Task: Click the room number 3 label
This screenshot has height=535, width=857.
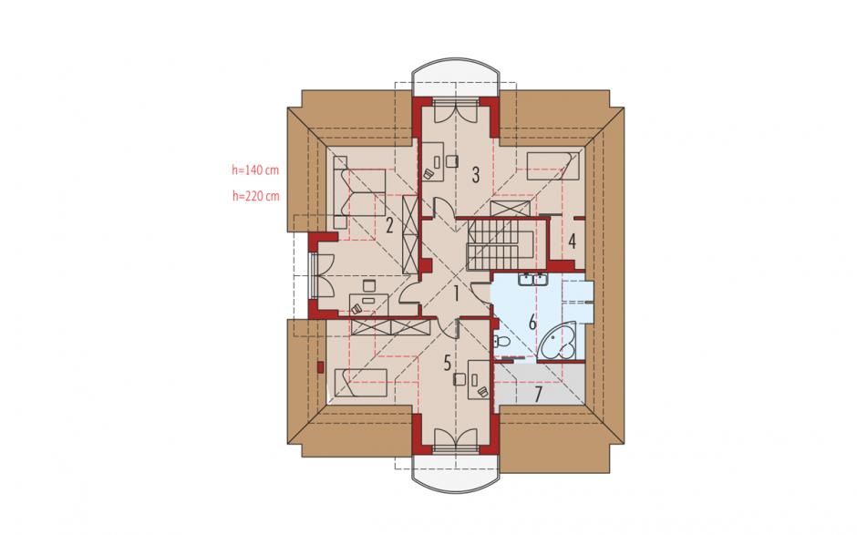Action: click(x=476, y=175)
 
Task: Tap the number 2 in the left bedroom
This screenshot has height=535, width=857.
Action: click(x=389, y=225)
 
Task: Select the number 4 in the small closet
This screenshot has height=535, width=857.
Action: click(x=572, y=241)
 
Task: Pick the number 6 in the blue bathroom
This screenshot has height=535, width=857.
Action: click(x=532, y=323)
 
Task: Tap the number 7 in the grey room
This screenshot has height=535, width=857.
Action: click(x=538, y=394)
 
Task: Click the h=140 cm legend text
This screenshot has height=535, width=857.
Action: click(x=255, y=170)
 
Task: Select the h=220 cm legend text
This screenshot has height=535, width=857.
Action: click(x=255, y=196)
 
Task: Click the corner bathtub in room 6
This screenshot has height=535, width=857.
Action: click(x=559, y=343)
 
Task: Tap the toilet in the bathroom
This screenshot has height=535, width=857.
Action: click(x=501, y=343)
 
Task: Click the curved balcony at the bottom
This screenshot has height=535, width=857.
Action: click(x=455, y=473)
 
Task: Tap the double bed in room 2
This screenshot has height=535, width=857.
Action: click(x=359, y=192)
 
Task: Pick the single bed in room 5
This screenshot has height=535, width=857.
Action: click(x=360, y=383)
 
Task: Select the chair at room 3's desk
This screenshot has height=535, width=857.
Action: click(x=452, y=160)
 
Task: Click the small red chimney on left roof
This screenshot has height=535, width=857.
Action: click(x=320, y=367)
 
